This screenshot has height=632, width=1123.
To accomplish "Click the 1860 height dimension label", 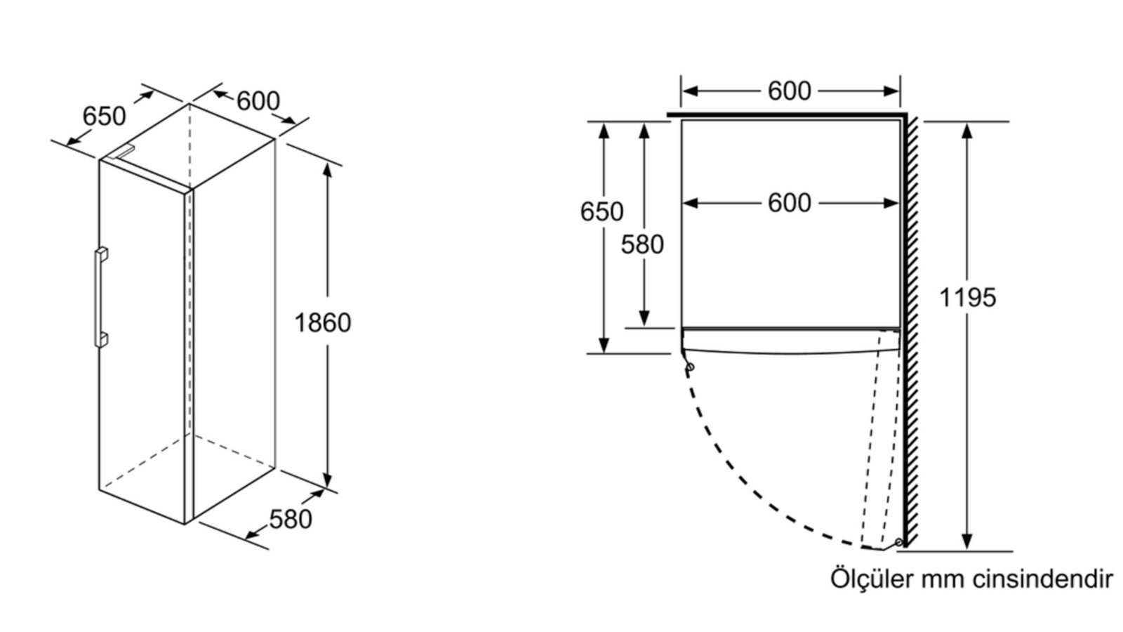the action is pos(322,322).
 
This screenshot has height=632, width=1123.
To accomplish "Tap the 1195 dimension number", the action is pos(967,298).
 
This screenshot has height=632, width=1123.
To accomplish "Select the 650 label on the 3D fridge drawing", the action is pos(105,117).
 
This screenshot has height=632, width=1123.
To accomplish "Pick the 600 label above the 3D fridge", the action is pos(258,101).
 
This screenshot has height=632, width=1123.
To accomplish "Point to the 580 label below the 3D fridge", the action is pos(291,519).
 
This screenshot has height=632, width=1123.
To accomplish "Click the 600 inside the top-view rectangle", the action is pos(790,203).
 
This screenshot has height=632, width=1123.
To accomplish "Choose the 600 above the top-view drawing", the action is pos(790,91).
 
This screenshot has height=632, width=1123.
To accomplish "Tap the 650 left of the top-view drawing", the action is pos(602,211).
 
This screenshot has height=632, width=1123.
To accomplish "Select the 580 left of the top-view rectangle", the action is pos(642,245).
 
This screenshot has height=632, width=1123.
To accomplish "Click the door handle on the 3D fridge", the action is pos(101,297).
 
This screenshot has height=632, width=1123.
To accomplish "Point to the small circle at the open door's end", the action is pos(898,542).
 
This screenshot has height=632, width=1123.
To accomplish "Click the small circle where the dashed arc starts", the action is pos(690,367).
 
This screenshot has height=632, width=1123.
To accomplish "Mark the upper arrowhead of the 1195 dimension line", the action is pos(967,131).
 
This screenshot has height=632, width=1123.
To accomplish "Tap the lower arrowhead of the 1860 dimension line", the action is pos(327,480).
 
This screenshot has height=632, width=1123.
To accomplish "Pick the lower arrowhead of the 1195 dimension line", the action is pos(967,541).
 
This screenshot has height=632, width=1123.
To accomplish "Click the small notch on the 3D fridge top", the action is pos(124,152).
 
